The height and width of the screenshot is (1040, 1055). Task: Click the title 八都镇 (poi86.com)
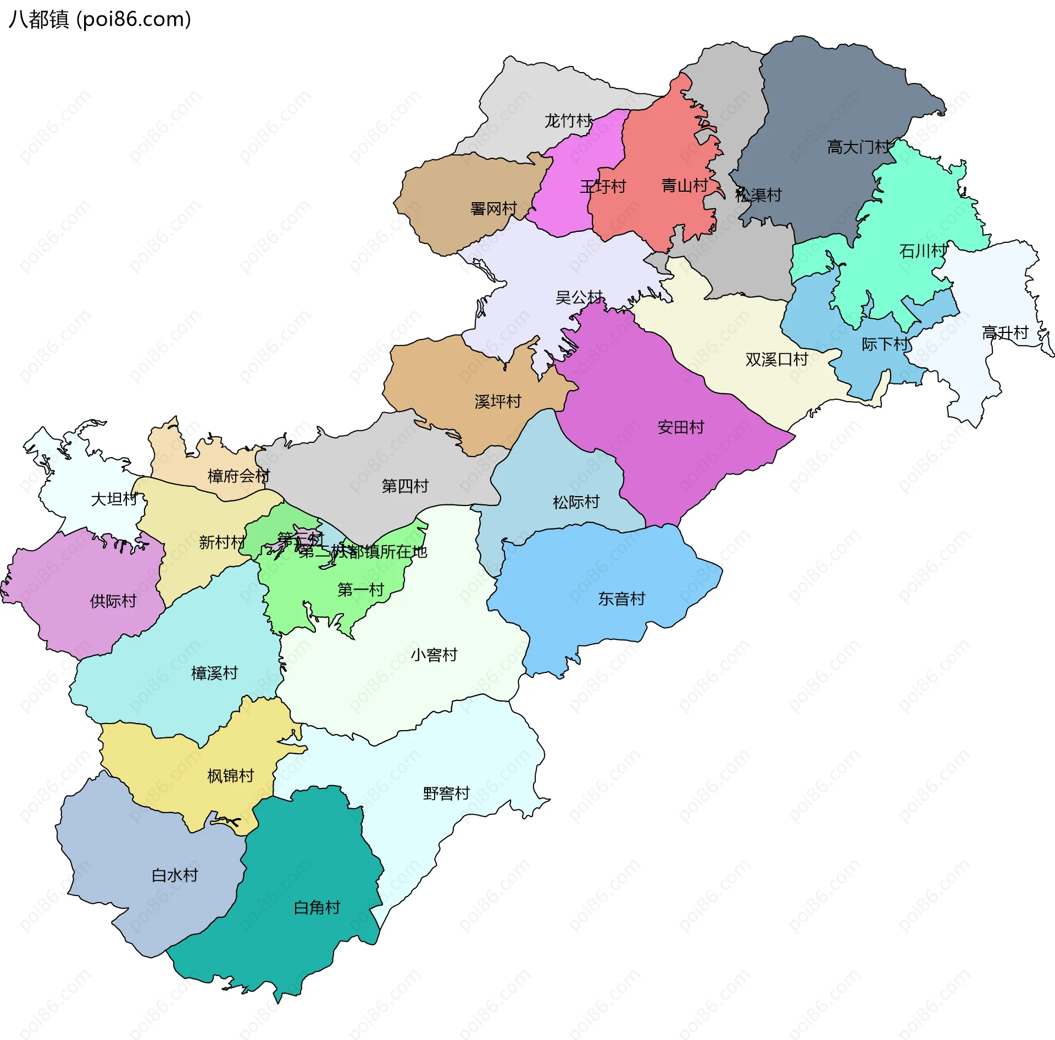tap(100, 19)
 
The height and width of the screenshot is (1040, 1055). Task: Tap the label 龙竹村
tap(568, 121)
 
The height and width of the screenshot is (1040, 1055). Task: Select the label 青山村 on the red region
tap(684, 186)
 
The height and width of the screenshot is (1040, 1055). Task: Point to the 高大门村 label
tap(858, 147)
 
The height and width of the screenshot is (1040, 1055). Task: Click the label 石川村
tap(923, 251)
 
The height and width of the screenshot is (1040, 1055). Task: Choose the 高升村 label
tap(1004, 333)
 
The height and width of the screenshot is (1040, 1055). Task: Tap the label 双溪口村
tap(776, 359)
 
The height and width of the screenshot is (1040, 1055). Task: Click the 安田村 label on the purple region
tap(680, 427)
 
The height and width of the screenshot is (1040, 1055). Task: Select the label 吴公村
tap(579, 297)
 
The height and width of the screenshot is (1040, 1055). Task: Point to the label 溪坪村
tap(497, 402)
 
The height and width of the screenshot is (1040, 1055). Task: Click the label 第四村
tap(404, 486)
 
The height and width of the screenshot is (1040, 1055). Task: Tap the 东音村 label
tap(621, 599)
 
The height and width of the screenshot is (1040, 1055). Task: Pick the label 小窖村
tap(434, 655)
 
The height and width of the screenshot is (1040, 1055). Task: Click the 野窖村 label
tap(446, 793)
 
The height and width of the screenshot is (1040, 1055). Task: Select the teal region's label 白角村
tap(316, 908)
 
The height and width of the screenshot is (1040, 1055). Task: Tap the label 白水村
tap(174, 875)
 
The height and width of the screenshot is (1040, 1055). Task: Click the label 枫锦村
tap(230, 776)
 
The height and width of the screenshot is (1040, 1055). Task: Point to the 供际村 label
tap(113, 601)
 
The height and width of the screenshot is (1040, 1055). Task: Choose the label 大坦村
tap(114, 499)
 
